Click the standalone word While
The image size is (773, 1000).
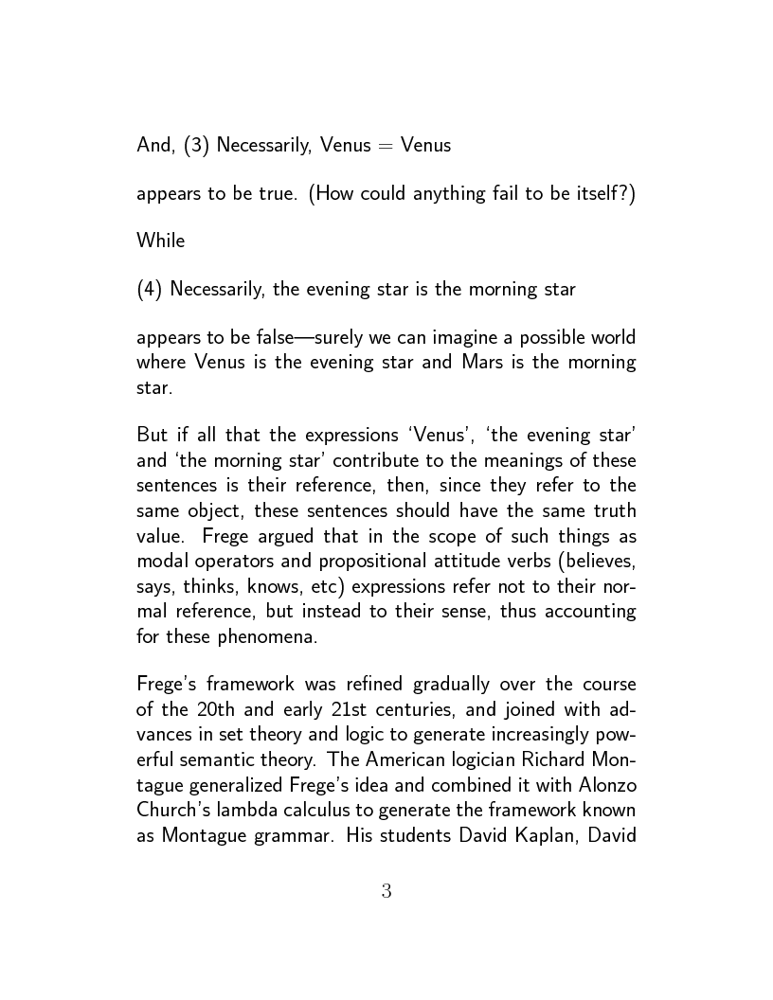coord(161,241)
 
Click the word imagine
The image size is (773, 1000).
coord(449,338)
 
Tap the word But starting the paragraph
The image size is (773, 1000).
coord(153,437)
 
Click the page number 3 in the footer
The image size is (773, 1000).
coord(386,891)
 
